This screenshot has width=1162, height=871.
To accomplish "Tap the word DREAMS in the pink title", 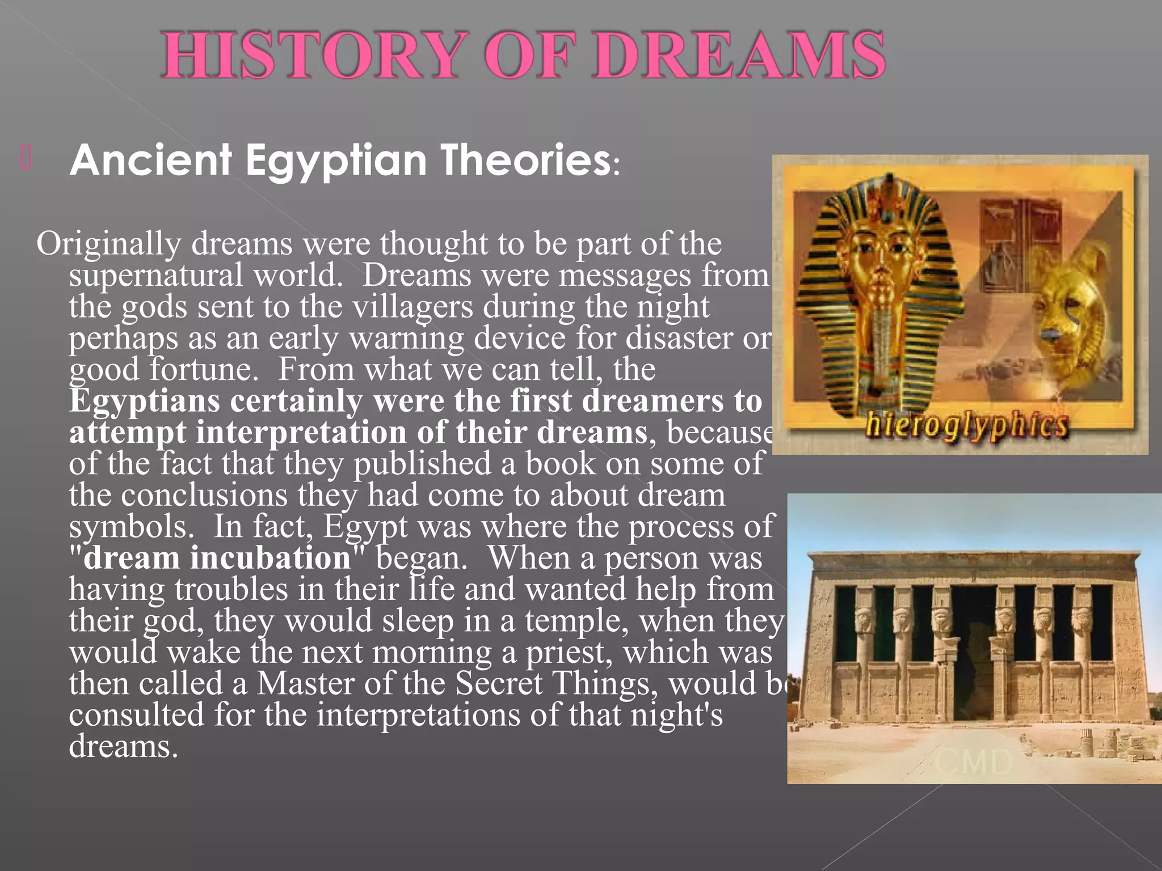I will tap(739, 56).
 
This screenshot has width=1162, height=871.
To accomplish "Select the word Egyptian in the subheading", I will tap(336, 160).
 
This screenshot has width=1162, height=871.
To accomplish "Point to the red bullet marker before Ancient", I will tap(26, 158).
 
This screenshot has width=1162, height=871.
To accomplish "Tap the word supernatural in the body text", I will tap(156, 275).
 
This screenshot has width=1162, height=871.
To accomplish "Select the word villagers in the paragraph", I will tap(412, 307).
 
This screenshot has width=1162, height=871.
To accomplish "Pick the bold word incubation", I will tap(271, 558).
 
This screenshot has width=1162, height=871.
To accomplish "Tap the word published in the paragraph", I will tap(423, 464).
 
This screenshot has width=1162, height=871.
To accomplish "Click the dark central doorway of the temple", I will tap(974, 652).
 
